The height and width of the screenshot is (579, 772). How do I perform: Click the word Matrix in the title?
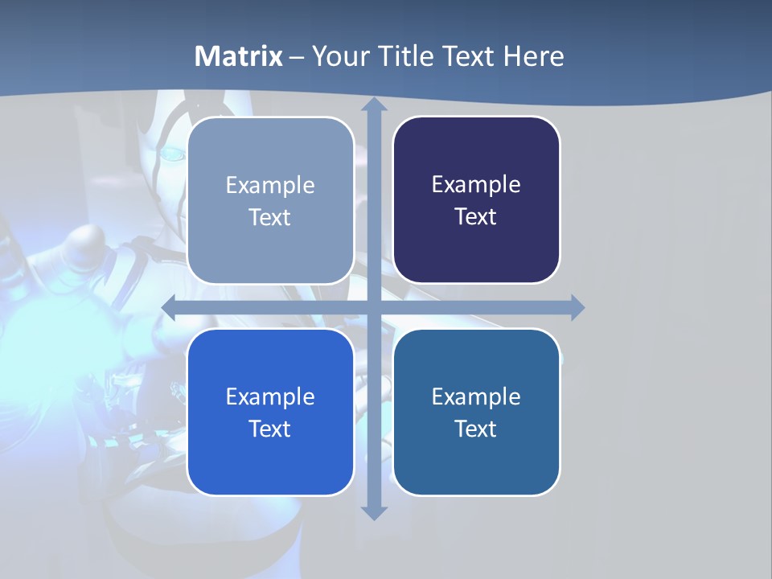tap(239, 56)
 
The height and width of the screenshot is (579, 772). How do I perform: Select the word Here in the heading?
tap(534, 56)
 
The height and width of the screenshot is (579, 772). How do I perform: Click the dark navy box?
tap(476, 199)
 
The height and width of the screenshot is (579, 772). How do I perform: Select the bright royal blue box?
tap(270, 412)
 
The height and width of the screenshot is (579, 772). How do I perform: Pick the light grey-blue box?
tap(270, 199)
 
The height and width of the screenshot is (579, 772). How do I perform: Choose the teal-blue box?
tap(476, 412)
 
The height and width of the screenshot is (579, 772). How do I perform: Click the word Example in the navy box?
tap(476, 184)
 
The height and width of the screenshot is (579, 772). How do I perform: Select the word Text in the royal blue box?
tap(270, 429)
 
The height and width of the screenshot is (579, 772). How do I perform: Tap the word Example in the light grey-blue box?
tap(270, 185)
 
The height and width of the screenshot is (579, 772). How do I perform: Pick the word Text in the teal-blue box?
tap(476, 429)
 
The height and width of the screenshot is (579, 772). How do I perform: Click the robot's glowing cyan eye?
tap(172, 153)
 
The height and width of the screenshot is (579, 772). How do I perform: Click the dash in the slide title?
tap(297, 57)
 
